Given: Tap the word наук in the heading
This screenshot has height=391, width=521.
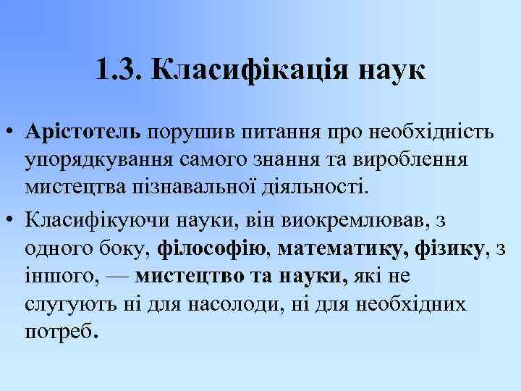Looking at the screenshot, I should pyautogui.click(x=391, y=70).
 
